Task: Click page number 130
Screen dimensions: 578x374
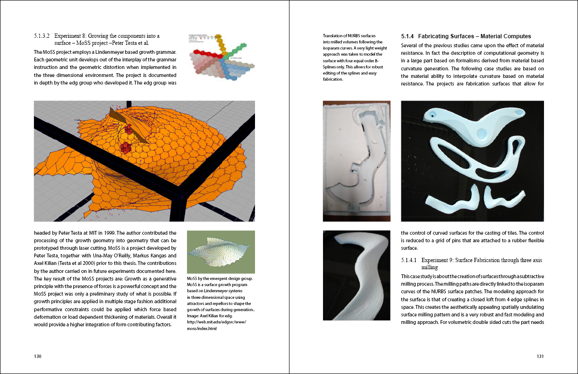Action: pyautogui.click(x=38, y=356)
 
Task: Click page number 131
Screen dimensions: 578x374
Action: pyautogui.click(x=540, y=356)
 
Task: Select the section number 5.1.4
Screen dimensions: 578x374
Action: pyautogui.click(x=407, y=36)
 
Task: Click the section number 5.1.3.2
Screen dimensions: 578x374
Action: pyautogui.click(x=42, y=36)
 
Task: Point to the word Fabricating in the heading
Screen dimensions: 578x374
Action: pyautogui.click(x=432, y=36)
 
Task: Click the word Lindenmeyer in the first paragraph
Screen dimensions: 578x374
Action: pyautogui.click(x=110, y=52)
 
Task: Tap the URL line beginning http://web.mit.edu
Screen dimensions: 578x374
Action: pyautogui.click(x=217, y=322)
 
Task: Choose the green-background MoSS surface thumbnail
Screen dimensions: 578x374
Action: pyautogui.click(x=221, y=252)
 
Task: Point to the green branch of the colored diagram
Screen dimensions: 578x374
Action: pyautogui.click(x=235, y=51)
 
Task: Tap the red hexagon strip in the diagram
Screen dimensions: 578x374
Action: pyautogui.click(x=207, y=54)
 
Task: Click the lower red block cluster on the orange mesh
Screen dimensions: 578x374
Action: pyautogui.click(x=126, y=148)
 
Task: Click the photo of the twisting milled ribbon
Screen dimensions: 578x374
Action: pyautogui.click(x=357, y=275)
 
